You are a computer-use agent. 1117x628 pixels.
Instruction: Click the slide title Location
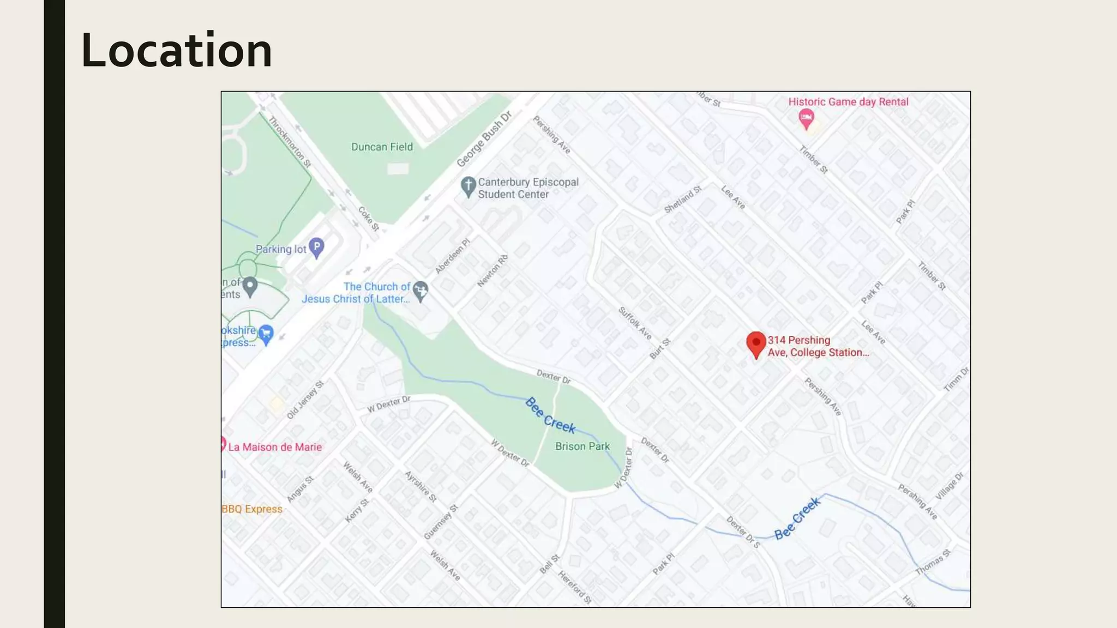(x=176, y=51)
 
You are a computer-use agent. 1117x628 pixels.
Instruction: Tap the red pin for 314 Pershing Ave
(x=756, y=343)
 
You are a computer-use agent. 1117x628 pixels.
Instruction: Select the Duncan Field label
(x=382, y=147)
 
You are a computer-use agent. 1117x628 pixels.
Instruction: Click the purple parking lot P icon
(x=316, y=247)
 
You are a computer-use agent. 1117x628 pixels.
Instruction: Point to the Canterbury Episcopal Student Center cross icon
(x=468, y=186)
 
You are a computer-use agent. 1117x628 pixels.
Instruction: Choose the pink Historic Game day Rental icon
(x=806, y=118)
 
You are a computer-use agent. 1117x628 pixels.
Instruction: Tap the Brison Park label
(x=582, y=446)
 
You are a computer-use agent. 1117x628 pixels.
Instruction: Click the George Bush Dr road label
(x=484, y=140)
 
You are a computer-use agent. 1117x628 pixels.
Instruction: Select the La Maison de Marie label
(x=275, y=447)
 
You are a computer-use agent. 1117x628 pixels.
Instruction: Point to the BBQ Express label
(x=252, y=509)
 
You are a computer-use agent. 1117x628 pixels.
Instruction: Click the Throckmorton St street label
(x=290, y=142)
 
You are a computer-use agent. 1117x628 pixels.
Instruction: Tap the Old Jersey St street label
(x=305, y=400)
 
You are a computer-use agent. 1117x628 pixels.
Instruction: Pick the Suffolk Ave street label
(x=635, y=323)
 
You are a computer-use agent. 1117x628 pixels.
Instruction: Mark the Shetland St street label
(x=682, y=200)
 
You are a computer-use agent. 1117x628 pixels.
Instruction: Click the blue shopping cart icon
(x=266, y=334)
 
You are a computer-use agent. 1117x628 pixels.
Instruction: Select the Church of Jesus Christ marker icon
(x=420, y=290)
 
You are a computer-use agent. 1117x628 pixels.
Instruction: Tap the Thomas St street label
(x=933, y=562)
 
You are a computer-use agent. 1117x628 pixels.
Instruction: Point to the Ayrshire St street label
(x=421, y=486)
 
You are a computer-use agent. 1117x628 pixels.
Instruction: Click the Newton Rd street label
(x=493, y=270)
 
